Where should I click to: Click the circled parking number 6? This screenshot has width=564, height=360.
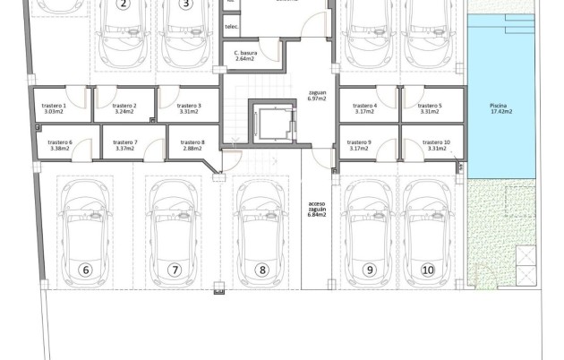tap(87, 270)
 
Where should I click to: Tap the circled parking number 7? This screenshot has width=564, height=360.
tap(175, 270)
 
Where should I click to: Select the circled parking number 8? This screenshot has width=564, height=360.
tap(262, 270)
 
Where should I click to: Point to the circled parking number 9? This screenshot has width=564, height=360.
tap(368, 270)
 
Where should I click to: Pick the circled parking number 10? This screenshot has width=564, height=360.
tap(428, 270)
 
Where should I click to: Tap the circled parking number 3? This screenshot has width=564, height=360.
tap(185, 4)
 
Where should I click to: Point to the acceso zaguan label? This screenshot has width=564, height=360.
tap(317, 208)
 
